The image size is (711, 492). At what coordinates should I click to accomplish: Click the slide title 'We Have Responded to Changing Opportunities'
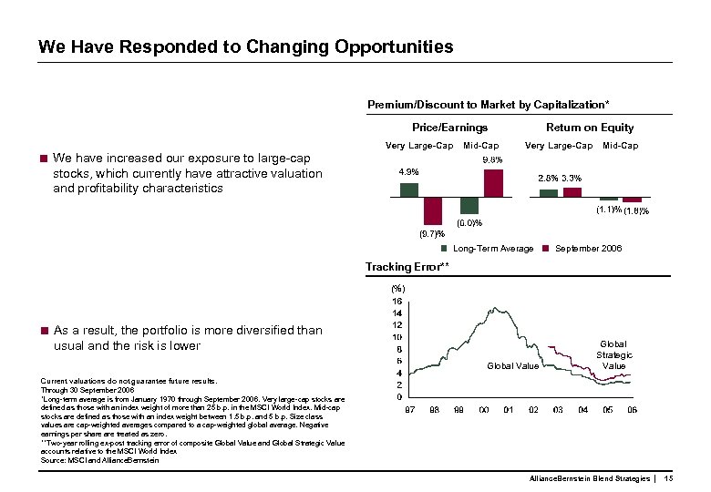click(x=245, y=46)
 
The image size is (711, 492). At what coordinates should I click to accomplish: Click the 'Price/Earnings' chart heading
click(x=449, y=128)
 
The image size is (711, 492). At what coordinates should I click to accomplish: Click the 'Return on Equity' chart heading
click(x=589, y=128)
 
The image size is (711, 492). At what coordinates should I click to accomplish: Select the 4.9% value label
click(x=409, y=171)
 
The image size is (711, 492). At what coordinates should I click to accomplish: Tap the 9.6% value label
click(x=491, y=160)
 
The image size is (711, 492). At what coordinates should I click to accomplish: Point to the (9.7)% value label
click(x=431, y=233)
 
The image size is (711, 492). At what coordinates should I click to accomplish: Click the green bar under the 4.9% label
click(x=409, y=190)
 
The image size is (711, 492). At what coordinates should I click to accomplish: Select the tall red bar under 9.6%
click(x=493, y=182)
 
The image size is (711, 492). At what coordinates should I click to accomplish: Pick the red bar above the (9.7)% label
click(x=432, y=210)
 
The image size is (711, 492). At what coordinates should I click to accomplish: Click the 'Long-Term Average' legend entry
click(x=492, y=248)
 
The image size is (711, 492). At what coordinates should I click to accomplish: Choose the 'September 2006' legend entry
click(x=588, y=248)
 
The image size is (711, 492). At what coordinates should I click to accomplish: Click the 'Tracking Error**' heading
click(x=407, y=266)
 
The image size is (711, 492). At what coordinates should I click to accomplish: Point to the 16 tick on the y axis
click(x=397, y=301)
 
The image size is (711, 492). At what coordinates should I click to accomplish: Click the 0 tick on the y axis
click(x=399, y=397)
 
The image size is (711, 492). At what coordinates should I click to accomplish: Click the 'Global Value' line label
click(x=512, y=366)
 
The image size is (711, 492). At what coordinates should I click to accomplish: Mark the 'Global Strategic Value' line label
click(x=614, y=355)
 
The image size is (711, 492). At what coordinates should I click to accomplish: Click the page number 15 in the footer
click(x=668, y=478)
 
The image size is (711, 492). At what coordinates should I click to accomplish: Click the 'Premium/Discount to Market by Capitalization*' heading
click(x=489, y=105)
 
